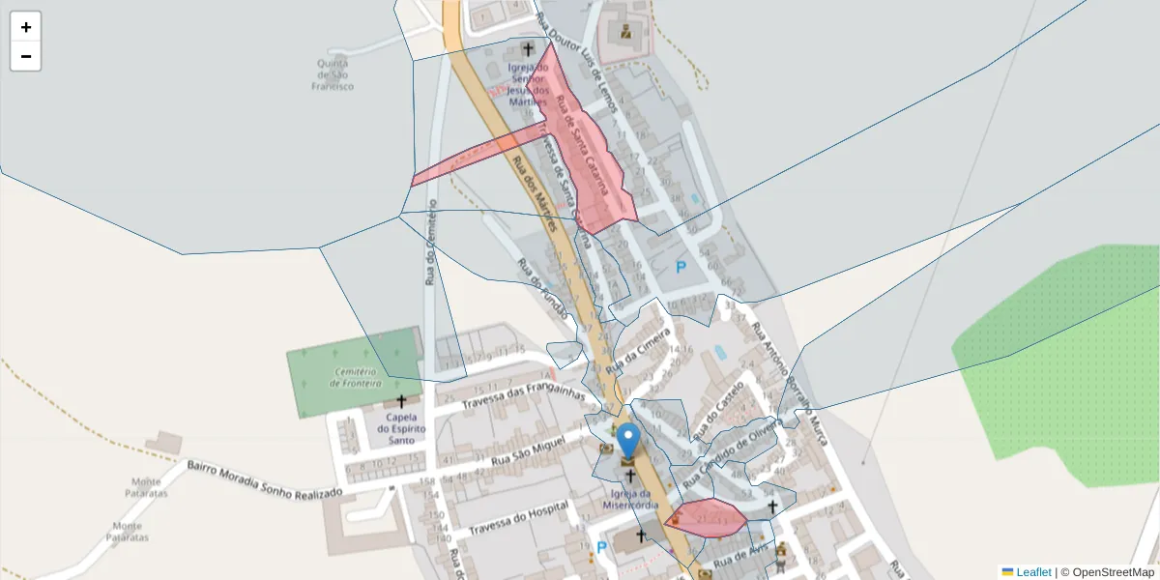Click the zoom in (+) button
coord(26,27)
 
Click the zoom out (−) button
coord(26,56)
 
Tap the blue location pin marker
coord(628,441)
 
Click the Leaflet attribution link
coord(1032,572)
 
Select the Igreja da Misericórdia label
coord(630,499)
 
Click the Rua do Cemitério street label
coord(431,242)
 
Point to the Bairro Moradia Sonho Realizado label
coord(264,479)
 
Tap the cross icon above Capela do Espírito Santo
coord(401,400)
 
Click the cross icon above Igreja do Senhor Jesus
coord(528,48)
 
